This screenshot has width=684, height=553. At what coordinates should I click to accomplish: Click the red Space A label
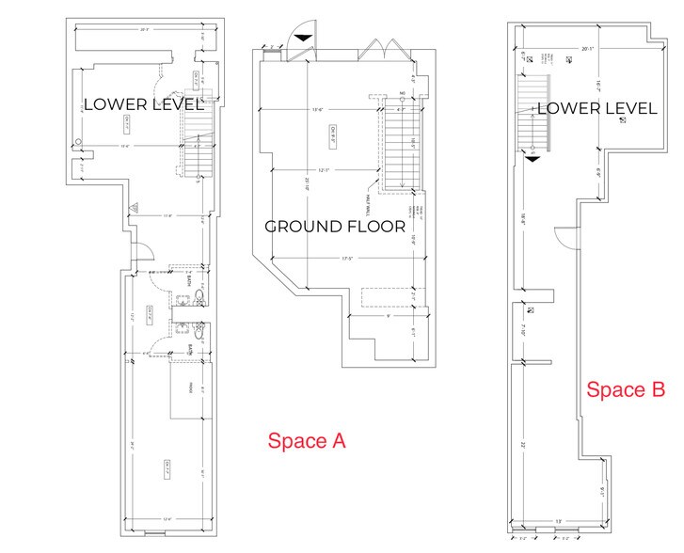[x=308, y=440]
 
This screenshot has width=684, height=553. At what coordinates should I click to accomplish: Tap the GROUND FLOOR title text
[x=334, y=227]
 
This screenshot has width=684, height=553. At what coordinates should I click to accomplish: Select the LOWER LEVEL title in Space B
[x=597, y=109]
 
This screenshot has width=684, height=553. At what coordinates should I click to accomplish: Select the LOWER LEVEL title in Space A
[x=144, y=103]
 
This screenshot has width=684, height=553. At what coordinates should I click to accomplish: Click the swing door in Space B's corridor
[x=563, y=237]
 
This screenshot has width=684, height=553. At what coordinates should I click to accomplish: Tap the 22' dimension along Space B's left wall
[x=520, y=445]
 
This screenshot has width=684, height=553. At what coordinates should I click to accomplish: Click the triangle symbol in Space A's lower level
[x=135, y=205]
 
